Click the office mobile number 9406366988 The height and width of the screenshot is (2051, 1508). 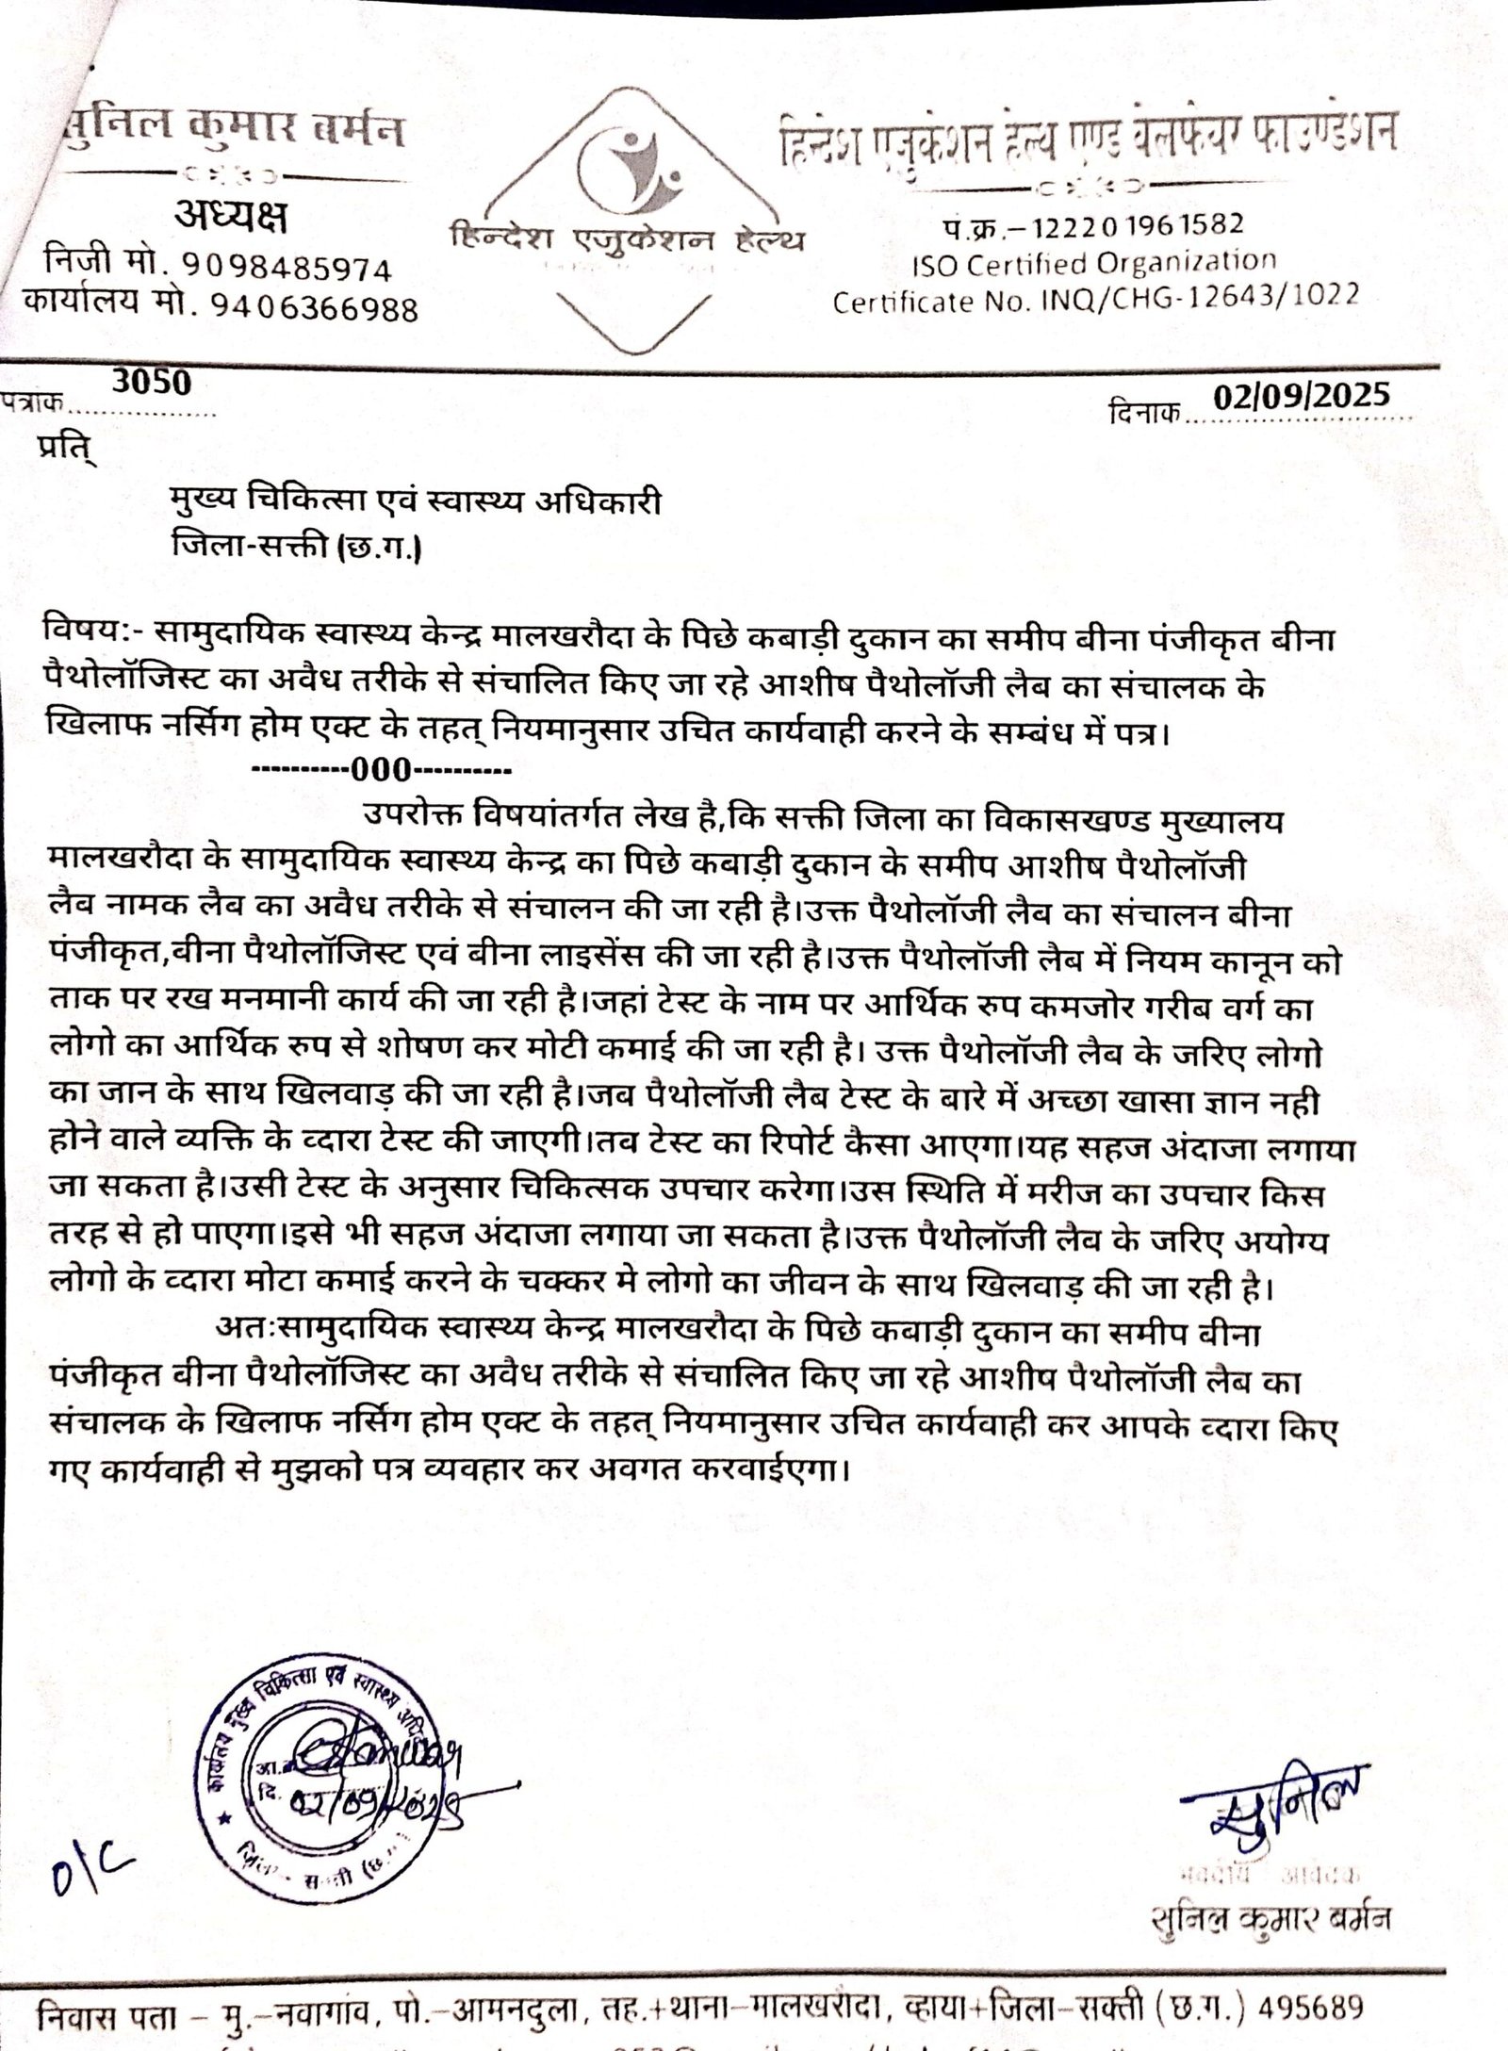(x=302, y=307)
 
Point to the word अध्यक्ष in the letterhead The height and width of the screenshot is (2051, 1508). (x=231, y=219)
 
